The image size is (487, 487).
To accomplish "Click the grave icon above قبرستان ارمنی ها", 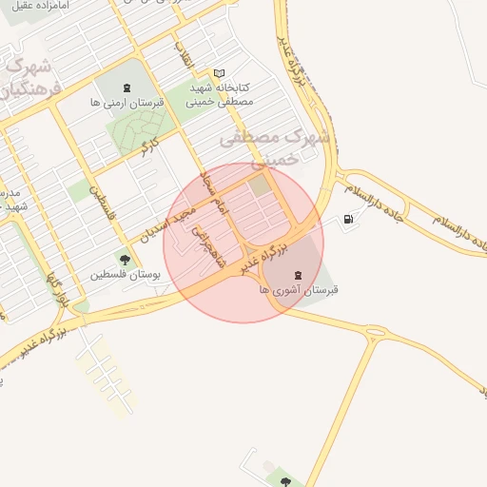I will tap(127, 88).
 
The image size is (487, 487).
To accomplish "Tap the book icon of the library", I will tap(220, 73).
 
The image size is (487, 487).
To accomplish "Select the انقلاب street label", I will tap(183, 51).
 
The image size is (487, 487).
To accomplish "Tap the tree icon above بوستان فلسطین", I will tap(124, 259).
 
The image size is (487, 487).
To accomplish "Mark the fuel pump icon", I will tap(348, 221).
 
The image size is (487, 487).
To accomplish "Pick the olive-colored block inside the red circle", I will tap(260, 185).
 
